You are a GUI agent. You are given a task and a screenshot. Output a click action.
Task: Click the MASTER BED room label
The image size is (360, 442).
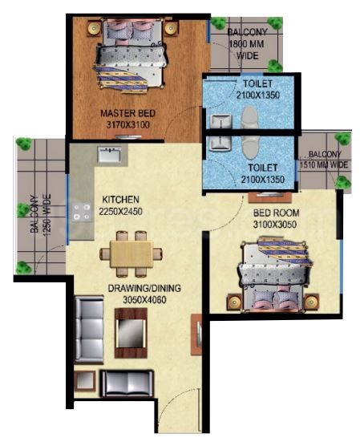click(x=128, y=113)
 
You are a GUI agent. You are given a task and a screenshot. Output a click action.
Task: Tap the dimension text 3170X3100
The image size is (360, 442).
click(x=128, y=124)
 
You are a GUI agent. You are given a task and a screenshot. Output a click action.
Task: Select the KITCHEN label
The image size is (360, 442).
click(x=120, y=199)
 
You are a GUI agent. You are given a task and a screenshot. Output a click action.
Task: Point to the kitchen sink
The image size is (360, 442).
click(x=110, y=154)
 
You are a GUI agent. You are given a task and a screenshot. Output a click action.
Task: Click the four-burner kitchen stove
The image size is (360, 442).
click(x=82, y=212)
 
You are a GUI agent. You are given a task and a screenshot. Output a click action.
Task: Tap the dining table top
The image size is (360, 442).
click(x=131, y=253)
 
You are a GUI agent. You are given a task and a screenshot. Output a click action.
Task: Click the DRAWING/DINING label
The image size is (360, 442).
click(x=144, y=288)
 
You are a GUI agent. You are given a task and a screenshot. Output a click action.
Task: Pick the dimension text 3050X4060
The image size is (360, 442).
click(x=144, y=300)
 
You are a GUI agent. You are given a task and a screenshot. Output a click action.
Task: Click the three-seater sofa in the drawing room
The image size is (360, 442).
click(x=89, y=330)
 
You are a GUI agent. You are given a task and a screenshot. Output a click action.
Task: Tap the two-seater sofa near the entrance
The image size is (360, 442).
click(x=127, y=383)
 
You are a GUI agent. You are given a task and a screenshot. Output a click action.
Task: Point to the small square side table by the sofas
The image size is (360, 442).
click(x=85, y=380)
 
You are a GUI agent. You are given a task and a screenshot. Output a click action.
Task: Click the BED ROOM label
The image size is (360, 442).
click(x=276, y=213)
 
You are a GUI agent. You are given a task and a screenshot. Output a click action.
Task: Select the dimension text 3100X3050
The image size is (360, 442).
click(x=275, y=225)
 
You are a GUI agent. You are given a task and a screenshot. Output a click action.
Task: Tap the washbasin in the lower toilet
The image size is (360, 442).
click(x=220, y=143)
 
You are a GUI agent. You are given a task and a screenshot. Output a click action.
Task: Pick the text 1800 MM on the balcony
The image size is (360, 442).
click(x=247, y=44)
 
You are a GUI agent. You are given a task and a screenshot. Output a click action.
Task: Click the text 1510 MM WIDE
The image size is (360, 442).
click(x=324, y=164)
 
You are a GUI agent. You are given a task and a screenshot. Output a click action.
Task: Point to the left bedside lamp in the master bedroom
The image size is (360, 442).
click(x=94, y=28)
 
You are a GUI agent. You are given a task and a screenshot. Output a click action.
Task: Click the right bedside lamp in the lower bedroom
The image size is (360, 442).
click(x=311, y=302)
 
